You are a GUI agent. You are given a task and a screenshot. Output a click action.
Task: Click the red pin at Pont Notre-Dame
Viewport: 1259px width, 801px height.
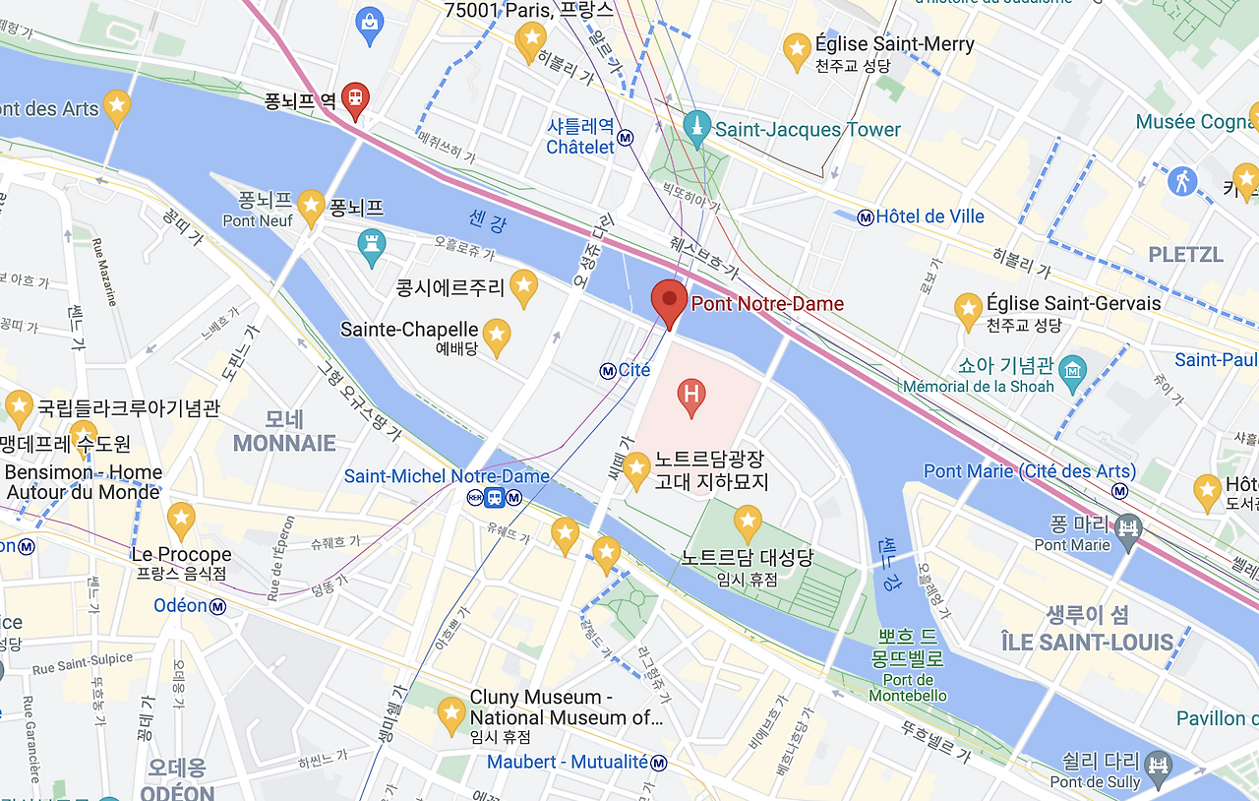pos(670,302)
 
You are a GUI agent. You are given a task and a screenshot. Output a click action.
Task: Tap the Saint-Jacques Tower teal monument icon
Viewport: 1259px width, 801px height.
pos(697,129)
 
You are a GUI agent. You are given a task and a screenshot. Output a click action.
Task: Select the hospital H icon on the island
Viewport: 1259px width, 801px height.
pos(691,395)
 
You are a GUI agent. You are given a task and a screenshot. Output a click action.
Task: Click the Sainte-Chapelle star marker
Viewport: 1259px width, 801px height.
pos(496,335)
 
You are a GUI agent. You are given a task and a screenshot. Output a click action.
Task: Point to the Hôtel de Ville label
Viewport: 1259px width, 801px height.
pos(929,216)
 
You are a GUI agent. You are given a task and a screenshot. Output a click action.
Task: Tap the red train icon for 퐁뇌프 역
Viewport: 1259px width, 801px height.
pos(355,98)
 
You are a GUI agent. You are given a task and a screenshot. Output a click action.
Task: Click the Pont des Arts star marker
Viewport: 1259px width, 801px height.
pos(117,106)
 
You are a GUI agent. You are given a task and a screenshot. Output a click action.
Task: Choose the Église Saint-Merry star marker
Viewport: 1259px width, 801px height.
pos(797,49)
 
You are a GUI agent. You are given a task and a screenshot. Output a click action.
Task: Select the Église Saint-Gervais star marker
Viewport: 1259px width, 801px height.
pos(969,309)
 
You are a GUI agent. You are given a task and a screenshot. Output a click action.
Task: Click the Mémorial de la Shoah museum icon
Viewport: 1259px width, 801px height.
pos(1072,370)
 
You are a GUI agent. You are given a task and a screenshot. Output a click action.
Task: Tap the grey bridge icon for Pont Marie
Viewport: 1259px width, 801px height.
pos(1129,527)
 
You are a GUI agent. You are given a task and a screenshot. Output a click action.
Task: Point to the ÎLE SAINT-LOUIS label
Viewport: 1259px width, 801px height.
pos(1088,643)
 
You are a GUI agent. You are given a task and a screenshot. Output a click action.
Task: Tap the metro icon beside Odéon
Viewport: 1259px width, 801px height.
pos(217,606)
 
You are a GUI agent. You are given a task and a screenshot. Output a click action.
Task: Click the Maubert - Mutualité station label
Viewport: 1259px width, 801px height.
pos(568,762)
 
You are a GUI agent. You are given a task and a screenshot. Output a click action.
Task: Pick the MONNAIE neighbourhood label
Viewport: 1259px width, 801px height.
pos(284,443)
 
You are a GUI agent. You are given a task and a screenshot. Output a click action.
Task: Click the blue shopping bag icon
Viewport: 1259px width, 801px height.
pos(370,22)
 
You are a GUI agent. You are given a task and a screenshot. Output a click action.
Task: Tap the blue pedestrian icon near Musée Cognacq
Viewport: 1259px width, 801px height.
pos(1181,181)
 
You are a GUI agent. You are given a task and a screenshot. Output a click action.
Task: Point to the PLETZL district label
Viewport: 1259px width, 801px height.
pos(1186,254)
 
